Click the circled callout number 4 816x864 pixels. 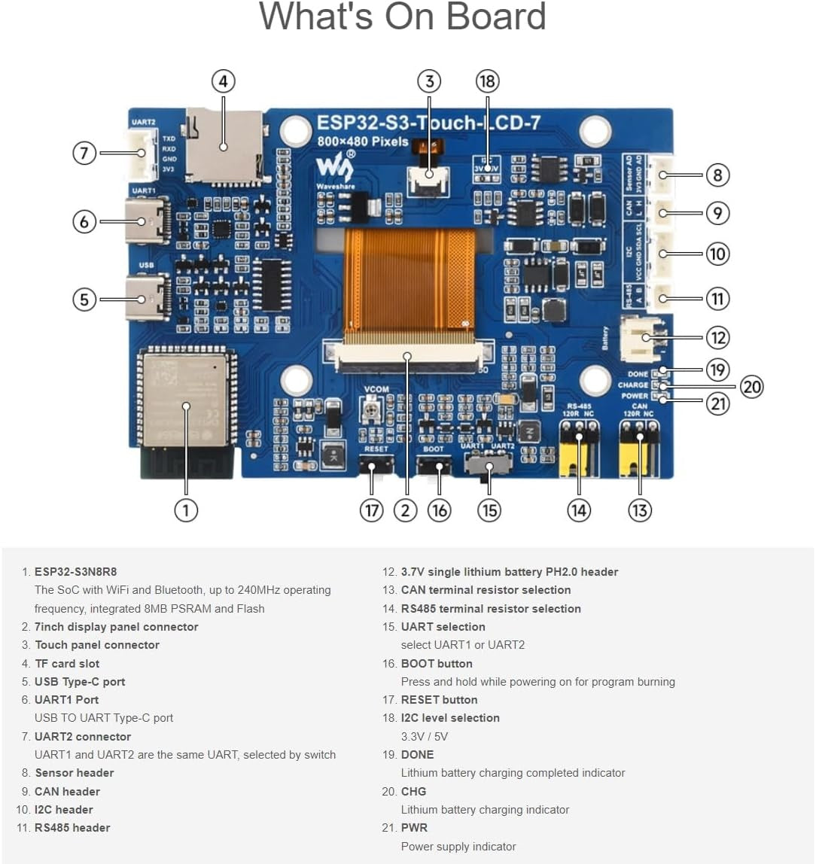pyautogui.click(x=223, y=81)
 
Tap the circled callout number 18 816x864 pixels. pyautogui.click(x=487, y=81)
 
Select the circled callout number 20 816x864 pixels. pyautogui.click(x=751, y=387)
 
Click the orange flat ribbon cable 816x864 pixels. pyautogui.click(x=410, y=278)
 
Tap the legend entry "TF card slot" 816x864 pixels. pyautogui.click(x=67, y=664)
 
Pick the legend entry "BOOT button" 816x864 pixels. pyautogui.click(x=437, y=664)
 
